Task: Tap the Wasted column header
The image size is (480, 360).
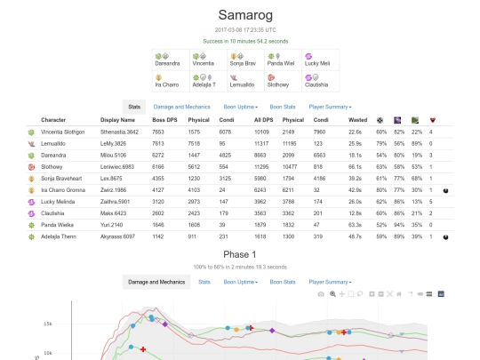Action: (358, 119)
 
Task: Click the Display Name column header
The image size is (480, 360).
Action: (117, 119)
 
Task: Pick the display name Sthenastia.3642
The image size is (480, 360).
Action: (119, 132)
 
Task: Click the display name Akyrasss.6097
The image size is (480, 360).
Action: (119, 236)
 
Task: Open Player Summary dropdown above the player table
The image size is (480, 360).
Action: (330, 107)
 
